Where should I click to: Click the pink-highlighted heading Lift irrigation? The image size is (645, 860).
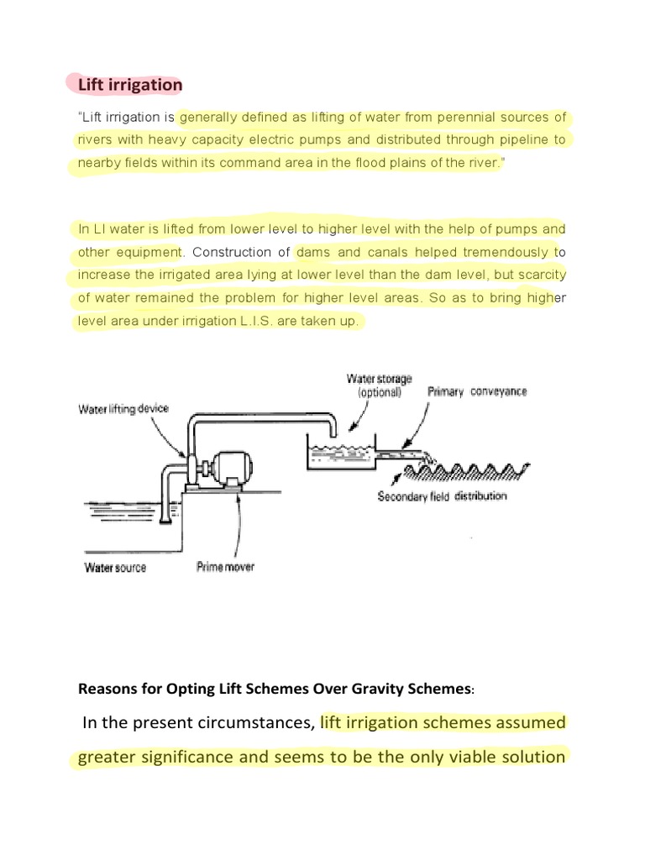[129, 85]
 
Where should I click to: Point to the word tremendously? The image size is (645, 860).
[504, 252]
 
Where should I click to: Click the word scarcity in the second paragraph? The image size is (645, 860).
[541, 275]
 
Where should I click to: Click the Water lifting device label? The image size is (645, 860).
[123, 409]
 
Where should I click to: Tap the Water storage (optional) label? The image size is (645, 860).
[380, 385]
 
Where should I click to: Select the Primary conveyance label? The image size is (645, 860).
[477, 391]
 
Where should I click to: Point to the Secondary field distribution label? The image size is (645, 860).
[442, 496]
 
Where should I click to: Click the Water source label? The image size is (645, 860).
[115, 568]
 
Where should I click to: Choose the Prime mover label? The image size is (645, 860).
[225, 567]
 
